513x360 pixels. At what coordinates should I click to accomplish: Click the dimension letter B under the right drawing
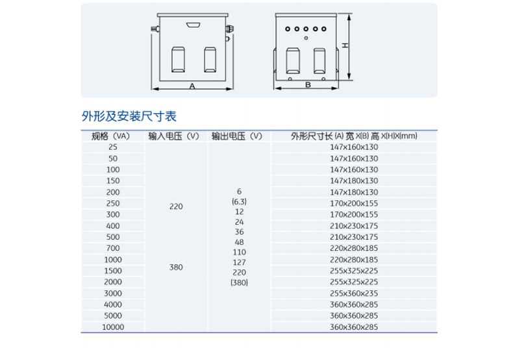[x=308, y=85]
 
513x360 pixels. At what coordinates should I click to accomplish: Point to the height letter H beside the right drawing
[x=346, y=45]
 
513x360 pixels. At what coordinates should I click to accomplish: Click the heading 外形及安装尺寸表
[x=129, y=116]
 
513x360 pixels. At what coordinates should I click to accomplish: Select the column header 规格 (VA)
[x=111, y=136]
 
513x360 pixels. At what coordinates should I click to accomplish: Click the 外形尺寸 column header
[x=354, y=136]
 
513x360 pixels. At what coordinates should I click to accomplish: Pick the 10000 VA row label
[x=113, y=328]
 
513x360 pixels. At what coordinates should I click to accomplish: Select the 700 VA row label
[x=113, y=248]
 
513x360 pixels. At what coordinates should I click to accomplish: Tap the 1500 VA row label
[x=113, y=271]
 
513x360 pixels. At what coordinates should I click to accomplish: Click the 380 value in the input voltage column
[x=176, y=266]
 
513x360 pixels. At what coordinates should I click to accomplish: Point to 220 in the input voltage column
[x=176, y=207]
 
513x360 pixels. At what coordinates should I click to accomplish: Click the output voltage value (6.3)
[x=239, y=201]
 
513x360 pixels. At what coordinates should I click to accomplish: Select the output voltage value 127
[x=239, y=262]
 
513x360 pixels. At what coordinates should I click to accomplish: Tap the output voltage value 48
[x=239, y=242]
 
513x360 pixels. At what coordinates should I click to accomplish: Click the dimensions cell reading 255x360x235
[x=354, y=293]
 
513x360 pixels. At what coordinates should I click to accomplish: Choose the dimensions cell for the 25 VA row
[x=354, y=147]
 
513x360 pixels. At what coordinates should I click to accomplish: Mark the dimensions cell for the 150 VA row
[x=354, y=181]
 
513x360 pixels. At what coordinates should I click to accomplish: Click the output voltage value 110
[x=239, y=252]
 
